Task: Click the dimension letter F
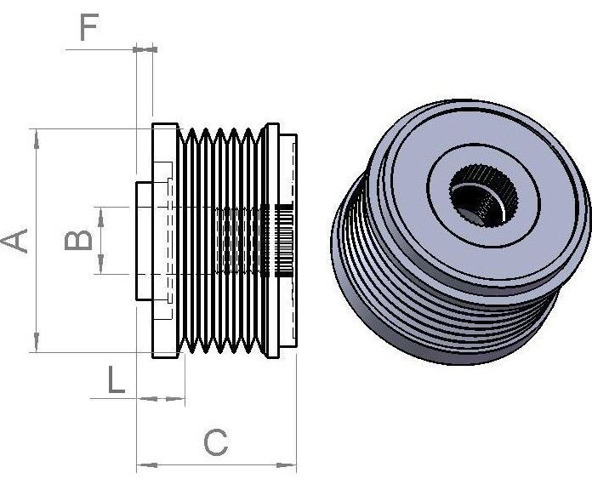click(x=89, y=27)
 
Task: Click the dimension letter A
click(x=14, y=241)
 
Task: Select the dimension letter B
click(x=78, y=240)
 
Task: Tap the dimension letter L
click(x=116, y=379)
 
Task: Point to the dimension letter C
click(x=215, y=442)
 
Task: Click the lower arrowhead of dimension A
click(x=37, y=342)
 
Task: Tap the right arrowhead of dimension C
click(x=286, y=465)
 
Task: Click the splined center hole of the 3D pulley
click(x=484, y=196)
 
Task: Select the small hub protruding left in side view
click(x=145, y=242)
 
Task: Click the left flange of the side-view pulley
click(x=165, y=241)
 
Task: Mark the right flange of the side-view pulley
click(x=272, y=241)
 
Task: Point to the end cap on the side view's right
click(x=288, y=241)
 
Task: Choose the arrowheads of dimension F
click(x=145, y=49)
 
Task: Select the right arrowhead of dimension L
click(x=175, y=398)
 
